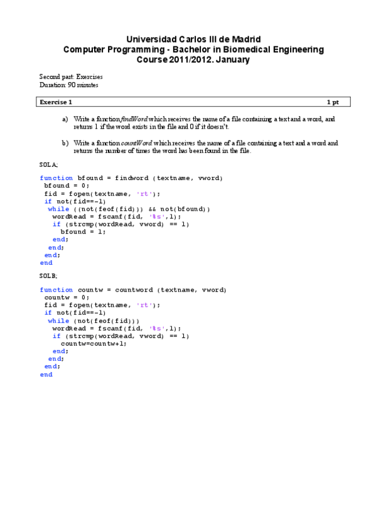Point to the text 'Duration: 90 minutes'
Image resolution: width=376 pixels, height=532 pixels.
pos(68,85)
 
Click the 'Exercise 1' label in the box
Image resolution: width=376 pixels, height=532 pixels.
pos(56,102)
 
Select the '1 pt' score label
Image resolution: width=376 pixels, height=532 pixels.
pos(333,102)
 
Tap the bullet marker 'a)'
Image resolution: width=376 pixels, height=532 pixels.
pos(65,119)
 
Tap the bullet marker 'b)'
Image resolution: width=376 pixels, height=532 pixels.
pos(65,143)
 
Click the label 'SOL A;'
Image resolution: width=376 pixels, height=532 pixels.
pos(48,164)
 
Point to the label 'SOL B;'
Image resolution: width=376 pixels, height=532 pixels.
pos(48,275)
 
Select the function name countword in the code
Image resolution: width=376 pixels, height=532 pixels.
pos(134,290)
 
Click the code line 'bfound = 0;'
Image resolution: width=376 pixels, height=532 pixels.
pos(67,186)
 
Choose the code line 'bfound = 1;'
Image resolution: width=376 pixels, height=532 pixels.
pos(83,231)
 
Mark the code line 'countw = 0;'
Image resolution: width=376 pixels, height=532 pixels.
pos(67,297)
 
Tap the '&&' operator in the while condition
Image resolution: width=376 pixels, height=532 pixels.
pos(153,209)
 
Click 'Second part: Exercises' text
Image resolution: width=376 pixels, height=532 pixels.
pos(71,77)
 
